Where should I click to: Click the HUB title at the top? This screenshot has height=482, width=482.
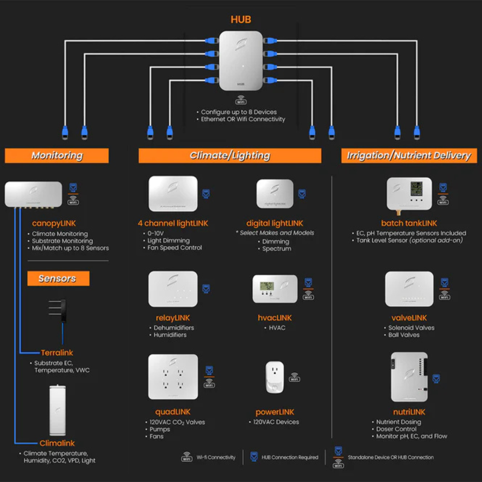(x=241, y=20)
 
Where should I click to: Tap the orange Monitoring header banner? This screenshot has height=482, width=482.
(x=57, y=156)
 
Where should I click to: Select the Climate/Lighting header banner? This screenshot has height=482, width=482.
(x=230, y=156)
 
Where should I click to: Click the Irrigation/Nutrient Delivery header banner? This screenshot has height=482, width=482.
(x=409, y=156)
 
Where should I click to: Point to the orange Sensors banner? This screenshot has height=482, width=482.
(x=58, y=278)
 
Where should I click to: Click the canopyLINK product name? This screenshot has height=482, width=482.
(x=53, y=223)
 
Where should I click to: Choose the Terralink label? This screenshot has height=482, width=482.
(x=57, y=353)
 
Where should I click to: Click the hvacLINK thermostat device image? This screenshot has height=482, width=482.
(x=275, y=289)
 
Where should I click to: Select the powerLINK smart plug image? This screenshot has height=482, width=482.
(x=275, y=377)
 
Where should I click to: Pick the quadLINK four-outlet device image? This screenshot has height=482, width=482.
(x=173, y=377)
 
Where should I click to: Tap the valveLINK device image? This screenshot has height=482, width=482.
(x=409, y=289)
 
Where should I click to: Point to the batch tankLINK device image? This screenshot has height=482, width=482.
(x=409, y=194)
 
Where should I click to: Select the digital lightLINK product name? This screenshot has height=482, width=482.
(x=274, y=223)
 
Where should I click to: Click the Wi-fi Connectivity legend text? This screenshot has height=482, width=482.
(x=216, y=457)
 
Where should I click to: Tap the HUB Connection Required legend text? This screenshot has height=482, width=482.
(x=290, y=457)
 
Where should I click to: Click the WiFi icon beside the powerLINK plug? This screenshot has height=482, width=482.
(x=295, y=378)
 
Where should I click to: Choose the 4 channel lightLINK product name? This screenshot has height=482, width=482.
(x=173, y=223)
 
